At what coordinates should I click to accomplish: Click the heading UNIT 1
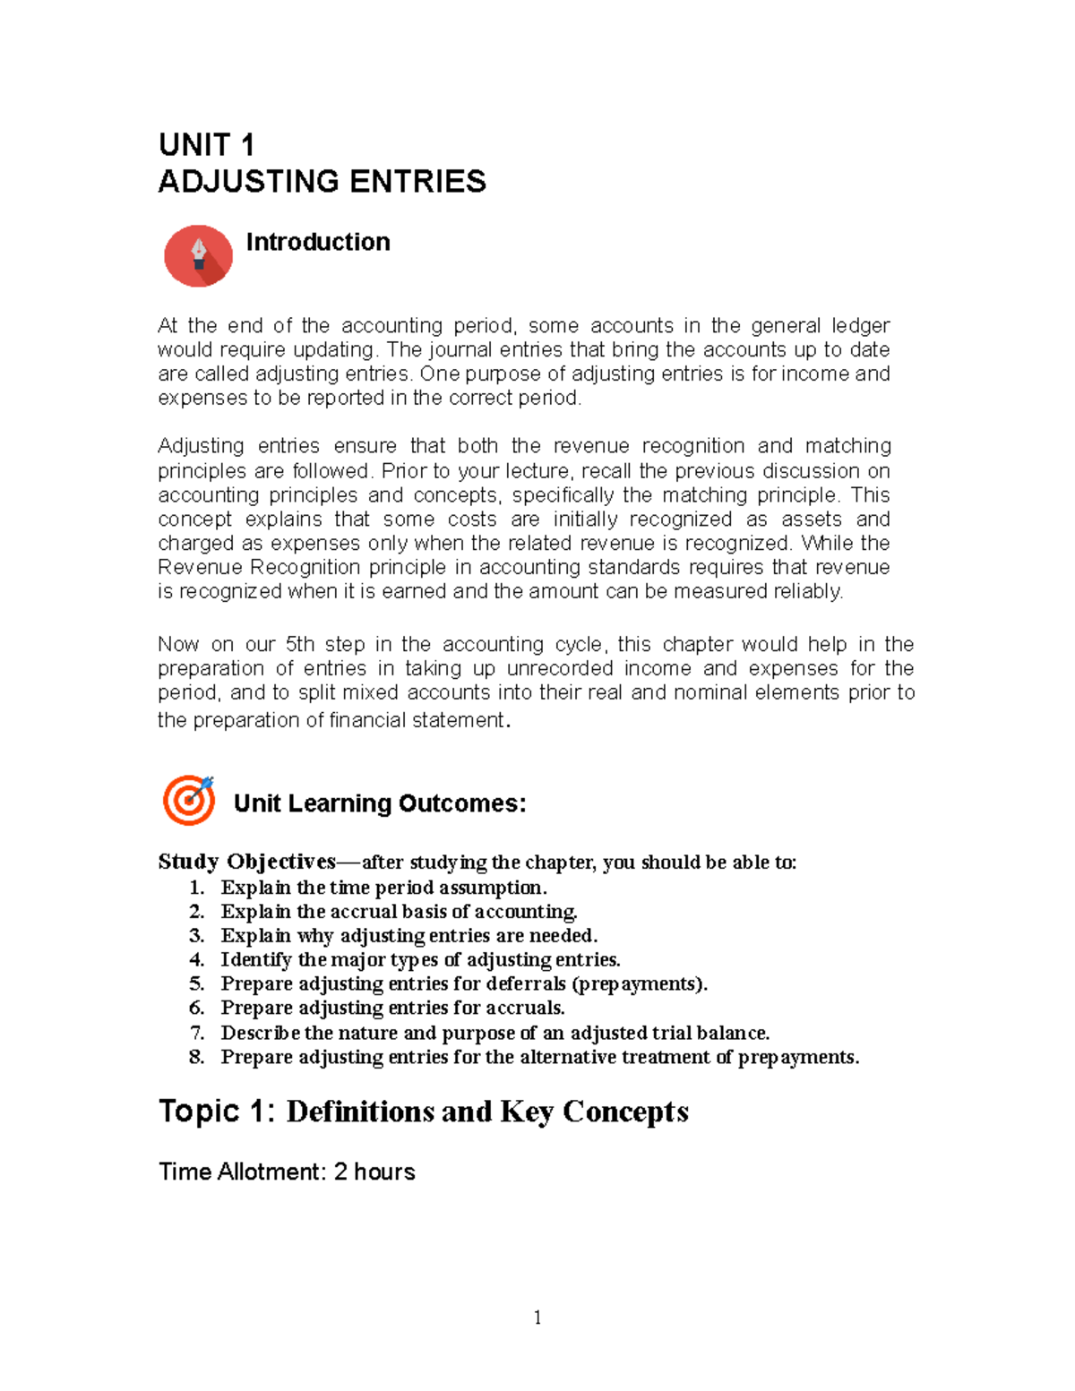click(206, 145)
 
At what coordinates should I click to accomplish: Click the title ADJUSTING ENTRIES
click(322, 182)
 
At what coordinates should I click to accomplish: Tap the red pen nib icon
click(198, 256)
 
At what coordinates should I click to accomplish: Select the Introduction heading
click(318, 242)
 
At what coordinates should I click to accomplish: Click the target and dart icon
click(189, 800)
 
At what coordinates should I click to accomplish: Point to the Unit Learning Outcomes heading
click(379, 803)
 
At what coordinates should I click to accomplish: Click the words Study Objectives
click(246, 862)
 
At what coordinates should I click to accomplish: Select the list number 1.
click(196, 888)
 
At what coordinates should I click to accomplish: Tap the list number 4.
click(196, 960)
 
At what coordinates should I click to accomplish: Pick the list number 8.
click(196, 1057)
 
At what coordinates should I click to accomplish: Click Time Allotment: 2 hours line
click(287, 1172)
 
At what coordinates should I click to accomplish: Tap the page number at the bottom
click(537, 1317)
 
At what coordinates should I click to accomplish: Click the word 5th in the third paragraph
click(300, 645)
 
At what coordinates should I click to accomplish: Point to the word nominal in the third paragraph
click(710, 692)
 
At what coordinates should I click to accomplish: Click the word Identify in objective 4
click(256, 960)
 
